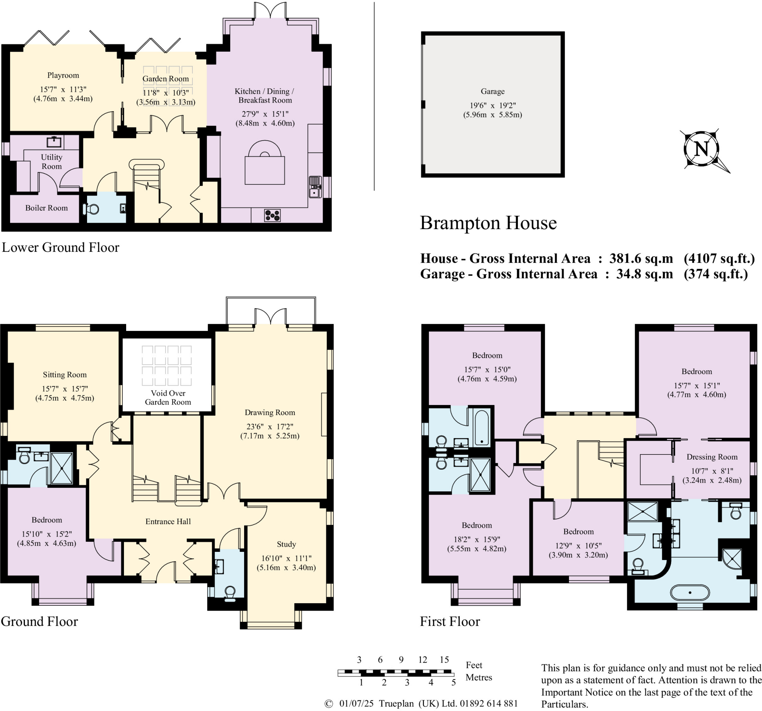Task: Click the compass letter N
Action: click(701, 149)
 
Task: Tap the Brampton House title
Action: click(488, 223)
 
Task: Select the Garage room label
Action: click(493, 91)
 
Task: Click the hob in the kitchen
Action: click(272, 215)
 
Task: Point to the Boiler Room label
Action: click(47, 208)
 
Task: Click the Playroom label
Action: click(63, 75)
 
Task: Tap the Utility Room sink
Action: click(54, 142)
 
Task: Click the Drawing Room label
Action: click(270, 412)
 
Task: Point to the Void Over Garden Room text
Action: click(168, 398)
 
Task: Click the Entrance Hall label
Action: click(168, 521)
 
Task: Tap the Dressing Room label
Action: click(712, 457)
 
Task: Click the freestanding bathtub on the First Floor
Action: click(690, 593)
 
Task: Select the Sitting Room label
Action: click(65, 375)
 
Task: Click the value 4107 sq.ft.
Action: click(720, 258)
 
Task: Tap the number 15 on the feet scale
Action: click(444, 660)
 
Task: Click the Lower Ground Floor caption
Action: click(61, 247)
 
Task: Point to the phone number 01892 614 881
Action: click(489, 703)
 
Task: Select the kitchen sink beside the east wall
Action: click(315, 187)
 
